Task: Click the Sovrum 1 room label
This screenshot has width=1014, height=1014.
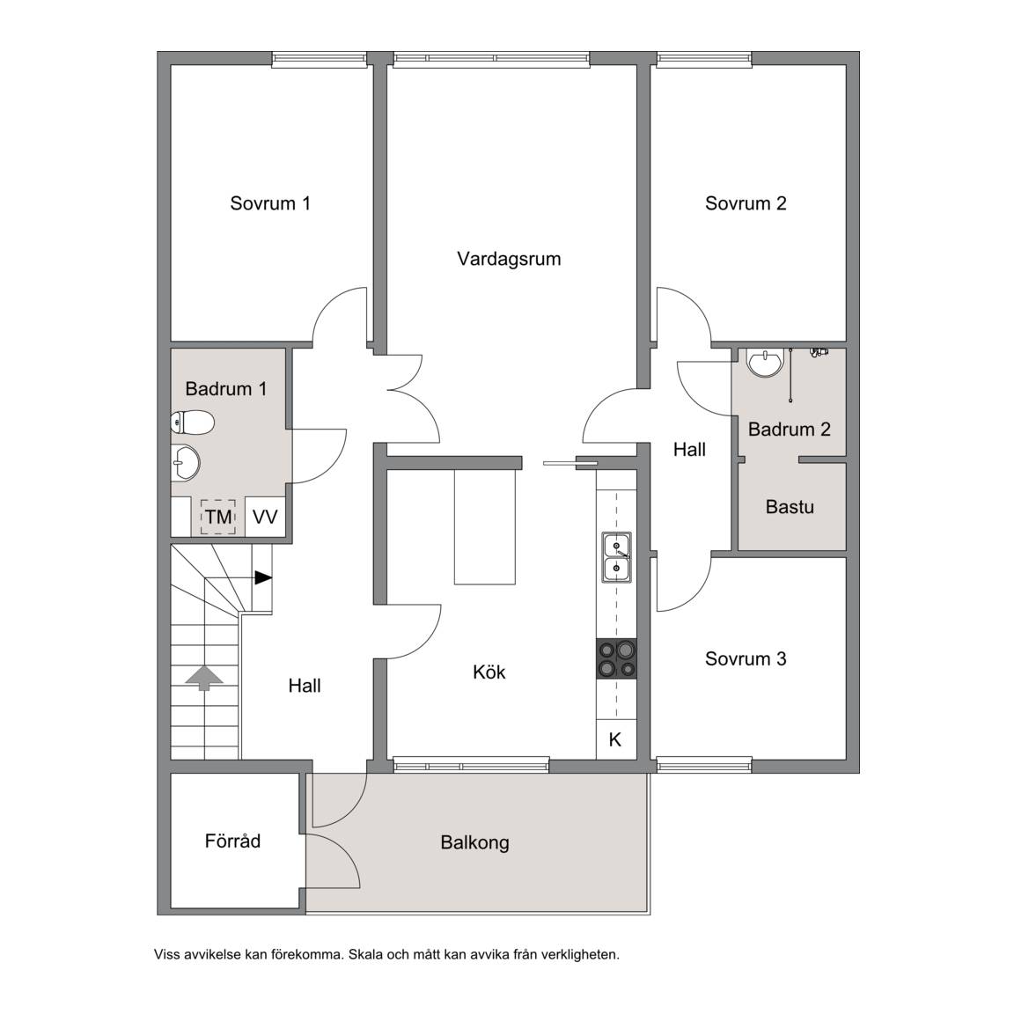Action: tap(270, 203)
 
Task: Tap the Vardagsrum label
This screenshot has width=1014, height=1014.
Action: tap(509, 260)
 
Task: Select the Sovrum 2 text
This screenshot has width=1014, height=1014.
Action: tap(746, 203)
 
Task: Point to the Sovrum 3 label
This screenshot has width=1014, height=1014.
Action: tap(746, 658)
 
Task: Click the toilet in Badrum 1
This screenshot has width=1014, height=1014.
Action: tap(192, 422)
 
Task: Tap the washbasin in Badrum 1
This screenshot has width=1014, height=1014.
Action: tap(186, 463)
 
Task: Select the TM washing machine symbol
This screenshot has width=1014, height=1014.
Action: tap(218, 517)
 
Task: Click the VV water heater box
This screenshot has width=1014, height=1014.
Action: tap(265, 517)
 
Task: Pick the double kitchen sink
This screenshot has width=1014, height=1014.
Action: tap(617, 557)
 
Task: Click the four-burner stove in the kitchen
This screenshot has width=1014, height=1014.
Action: tap(616, 658)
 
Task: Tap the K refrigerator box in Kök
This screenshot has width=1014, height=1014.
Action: tap(615, 739)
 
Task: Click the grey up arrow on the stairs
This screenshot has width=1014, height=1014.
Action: tap(204, 679)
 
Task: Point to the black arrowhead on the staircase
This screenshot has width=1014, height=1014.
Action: tap(263, 577)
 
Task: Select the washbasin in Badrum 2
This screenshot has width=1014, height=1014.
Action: tap(765, 362)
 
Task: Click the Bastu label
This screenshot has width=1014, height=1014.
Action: tap(790, 506)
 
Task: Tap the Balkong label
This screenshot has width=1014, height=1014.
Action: tap(474, 842)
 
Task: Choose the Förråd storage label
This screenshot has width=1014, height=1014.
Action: tap(232, 841)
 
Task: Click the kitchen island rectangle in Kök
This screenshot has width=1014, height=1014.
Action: tap(485, 527)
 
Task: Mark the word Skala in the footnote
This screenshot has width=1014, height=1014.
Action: tap(366, 954)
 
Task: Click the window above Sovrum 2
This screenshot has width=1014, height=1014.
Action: tap(704, 60)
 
